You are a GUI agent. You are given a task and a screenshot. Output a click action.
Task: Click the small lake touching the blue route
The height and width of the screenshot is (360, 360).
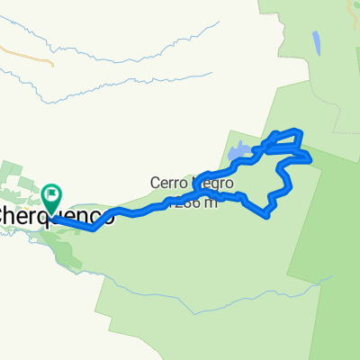click(239, 153)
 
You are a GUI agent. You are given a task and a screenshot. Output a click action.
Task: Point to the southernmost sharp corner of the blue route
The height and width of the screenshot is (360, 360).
click(267, 215)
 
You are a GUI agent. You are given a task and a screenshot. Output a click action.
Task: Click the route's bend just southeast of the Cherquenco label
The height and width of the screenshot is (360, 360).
click(94, 229)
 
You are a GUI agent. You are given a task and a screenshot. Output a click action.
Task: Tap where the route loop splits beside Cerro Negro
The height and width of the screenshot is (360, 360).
click(205, 176)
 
